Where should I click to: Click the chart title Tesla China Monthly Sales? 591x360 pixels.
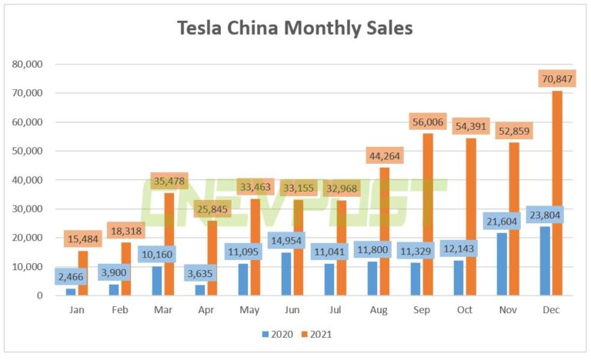295,28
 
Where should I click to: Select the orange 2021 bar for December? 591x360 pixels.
557,192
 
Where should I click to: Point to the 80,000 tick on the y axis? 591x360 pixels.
29,64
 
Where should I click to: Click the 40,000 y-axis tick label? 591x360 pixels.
29,180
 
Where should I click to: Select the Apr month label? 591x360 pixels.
206,309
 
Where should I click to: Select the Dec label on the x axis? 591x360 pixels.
551,309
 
